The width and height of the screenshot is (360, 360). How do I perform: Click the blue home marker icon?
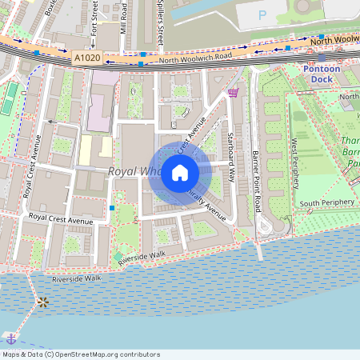[180, 173]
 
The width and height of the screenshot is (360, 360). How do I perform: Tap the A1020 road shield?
[88, 58]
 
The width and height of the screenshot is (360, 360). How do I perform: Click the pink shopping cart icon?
[233, 93]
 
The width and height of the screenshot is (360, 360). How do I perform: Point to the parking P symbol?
[262, 14]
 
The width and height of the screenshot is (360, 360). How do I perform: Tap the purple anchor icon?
[10, 335]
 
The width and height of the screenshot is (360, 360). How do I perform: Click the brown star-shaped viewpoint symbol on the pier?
[42, 302]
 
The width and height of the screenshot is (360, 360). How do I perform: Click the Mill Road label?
[124, 18]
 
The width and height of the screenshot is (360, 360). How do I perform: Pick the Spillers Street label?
[160, 19]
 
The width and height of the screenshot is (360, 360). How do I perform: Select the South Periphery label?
[326, 202]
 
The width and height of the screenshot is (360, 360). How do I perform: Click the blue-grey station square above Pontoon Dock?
[322, 58]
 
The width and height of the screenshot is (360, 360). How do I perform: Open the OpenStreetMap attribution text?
[81, 354]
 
